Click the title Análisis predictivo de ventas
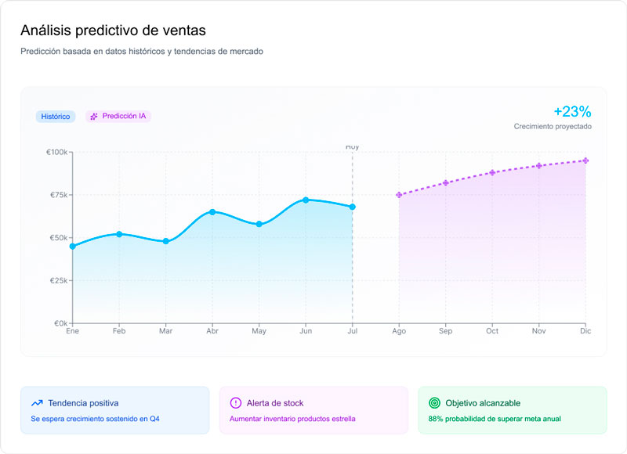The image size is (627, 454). tap(114, 31)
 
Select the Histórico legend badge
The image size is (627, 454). tap(55, 117)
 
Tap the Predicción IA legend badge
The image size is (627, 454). tap(118, 116)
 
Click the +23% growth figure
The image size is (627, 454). tap(572, 111)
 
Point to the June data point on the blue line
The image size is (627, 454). tap(306, 200)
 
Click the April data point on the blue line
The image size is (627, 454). tap(212, 212)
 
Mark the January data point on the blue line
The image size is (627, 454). tap(73, 247)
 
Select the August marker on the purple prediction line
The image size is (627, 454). tap(399, 195)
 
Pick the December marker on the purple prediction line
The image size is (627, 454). tap(585, 160)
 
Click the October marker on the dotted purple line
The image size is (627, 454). tap(492, 172)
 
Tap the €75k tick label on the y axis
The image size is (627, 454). tap(58, 195)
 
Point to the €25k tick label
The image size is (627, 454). tap(58, 280)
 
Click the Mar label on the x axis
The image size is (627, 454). tap(165, 331)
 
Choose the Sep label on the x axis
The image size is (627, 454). tap(445, 331)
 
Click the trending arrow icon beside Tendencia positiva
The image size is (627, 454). tap(37, 403)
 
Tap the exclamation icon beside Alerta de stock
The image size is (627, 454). tap(235, 403)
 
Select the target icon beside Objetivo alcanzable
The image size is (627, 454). tap(434, 403)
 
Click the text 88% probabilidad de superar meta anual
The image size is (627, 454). tap(494, 419)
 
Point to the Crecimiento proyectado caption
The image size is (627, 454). tap(553, 126)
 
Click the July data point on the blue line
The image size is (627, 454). tap(353, 207)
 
